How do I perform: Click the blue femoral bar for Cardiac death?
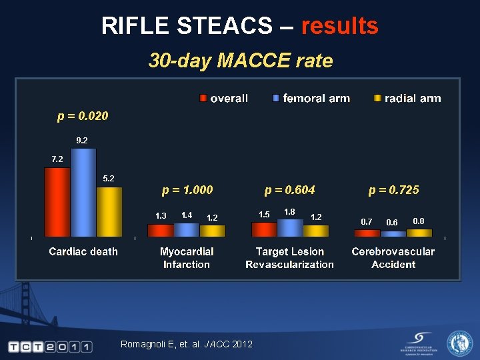[x=83, y=193]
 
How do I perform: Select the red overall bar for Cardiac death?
[x=57, y=202]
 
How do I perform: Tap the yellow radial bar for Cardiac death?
[x=109, y=212]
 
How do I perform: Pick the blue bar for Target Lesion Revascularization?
[x=290, y=228]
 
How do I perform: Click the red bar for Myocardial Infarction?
[x=161, y=231]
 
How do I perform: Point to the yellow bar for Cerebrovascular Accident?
[x=419, y=233]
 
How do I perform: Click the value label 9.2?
[x=82, y=140]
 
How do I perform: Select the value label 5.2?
[x=109, y=178]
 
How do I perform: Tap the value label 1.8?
[x=290, y=211]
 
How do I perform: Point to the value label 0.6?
[x=392, y=223]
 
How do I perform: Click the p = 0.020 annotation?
[x=83, y=116]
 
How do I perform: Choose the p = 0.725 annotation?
[x=394, y=190]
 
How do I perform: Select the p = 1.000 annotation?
[x=187, y=190]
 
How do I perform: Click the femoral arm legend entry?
[x=311, y=99]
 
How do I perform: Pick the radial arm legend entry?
[x=407, y=99]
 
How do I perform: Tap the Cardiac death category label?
[x=83, y=251]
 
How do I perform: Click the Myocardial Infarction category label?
[x=187, y=258]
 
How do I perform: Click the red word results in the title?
[x=339, y=26]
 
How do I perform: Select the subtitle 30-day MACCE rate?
[x=240, y=61]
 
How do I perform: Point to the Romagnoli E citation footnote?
[x=186, y=344]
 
